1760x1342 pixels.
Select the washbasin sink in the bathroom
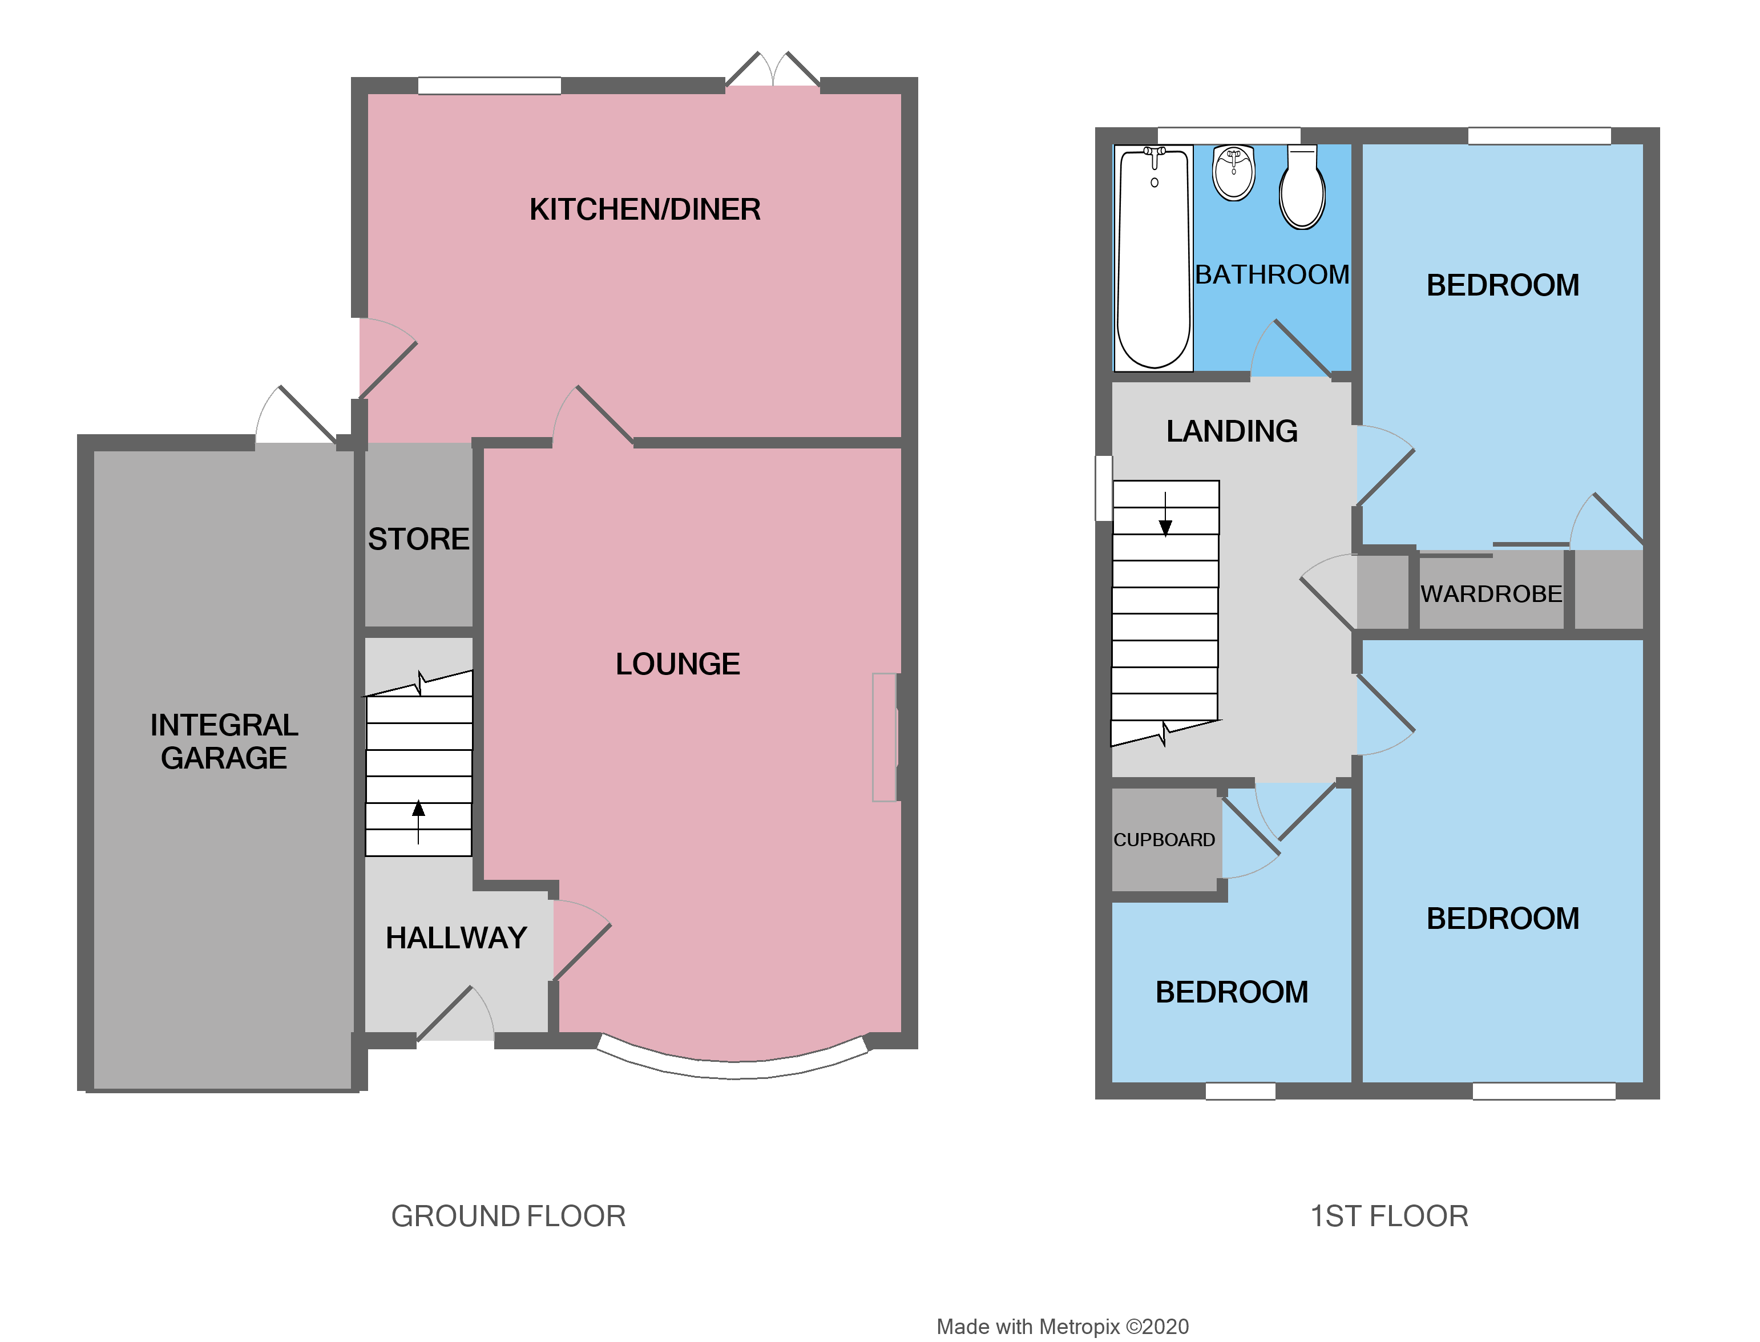coord(1233,172)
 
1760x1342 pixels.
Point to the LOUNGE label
coord(677,664)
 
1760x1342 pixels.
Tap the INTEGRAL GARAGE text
coord(224,741)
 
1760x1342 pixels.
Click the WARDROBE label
coord(1490,593)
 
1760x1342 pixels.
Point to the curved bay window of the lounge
coord(733,1069)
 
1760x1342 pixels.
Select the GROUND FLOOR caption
coord(508,1216)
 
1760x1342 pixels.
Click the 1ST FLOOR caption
coord(1388,1216)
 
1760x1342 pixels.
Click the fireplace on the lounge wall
coord(885,737)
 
